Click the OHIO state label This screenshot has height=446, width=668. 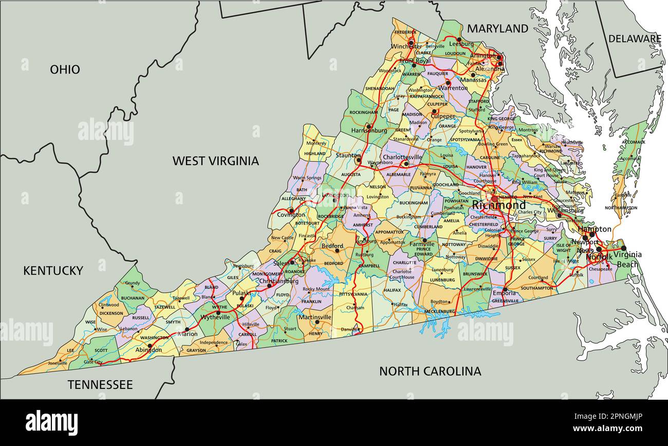65,69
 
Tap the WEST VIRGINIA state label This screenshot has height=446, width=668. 215,161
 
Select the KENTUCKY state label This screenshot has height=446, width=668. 53,271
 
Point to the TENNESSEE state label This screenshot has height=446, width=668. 100,385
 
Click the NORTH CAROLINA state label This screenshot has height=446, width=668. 430,371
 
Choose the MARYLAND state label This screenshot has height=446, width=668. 497,29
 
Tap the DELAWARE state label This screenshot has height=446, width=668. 635,39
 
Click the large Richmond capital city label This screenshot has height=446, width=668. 498,206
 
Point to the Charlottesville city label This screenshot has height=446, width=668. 402,157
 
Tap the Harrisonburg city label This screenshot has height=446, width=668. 369,131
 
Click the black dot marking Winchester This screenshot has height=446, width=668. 411,42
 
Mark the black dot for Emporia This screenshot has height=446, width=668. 505,289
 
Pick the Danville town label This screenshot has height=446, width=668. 349,329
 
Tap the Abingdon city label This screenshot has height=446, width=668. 148,350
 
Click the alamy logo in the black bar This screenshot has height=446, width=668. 52,422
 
